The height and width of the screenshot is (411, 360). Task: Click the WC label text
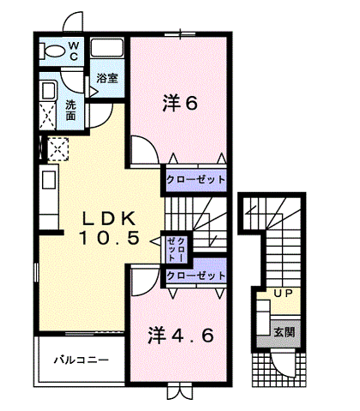[74, 51]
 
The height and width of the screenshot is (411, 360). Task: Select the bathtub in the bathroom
[107, 47]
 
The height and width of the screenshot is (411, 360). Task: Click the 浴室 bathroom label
[107, 78]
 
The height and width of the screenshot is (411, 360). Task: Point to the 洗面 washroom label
[70, 110]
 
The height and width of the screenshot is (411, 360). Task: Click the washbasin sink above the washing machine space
[49, 90]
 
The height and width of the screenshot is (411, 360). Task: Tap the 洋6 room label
[180, 103]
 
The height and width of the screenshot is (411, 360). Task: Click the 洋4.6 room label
[181, 335]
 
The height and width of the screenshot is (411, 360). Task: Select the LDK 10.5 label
[109, 228]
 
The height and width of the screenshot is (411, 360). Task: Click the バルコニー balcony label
[81, 360]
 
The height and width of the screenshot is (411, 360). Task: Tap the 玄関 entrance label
[284, 332]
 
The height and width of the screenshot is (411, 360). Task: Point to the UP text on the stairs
[283, 293]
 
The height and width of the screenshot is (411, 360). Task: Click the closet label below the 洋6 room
[196, 180]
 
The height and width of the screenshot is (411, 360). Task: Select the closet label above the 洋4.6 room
[196, 276]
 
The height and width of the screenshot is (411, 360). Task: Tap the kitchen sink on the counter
[49, 180]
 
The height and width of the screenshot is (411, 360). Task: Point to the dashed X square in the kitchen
[58, 149]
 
